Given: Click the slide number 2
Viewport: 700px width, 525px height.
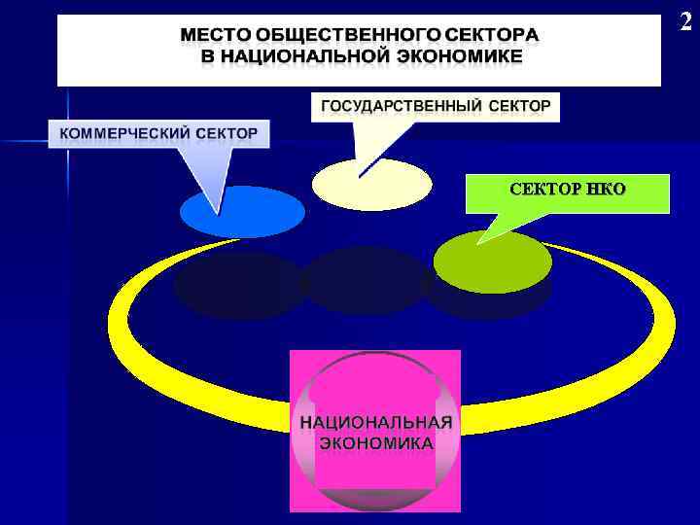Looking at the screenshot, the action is coord(686,21).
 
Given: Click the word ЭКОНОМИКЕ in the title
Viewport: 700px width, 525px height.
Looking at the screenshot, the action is coord(458,56).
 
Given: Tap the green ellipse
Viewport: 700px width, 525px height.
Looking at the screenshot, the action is coord(492,261).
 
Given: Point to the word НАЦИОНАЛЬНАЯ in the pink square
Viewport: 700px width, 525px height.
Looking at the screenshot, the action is coord(375,423).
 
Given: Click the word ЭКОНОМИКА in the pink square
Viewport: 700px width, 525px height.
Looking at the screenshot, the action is coord(375,442).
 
